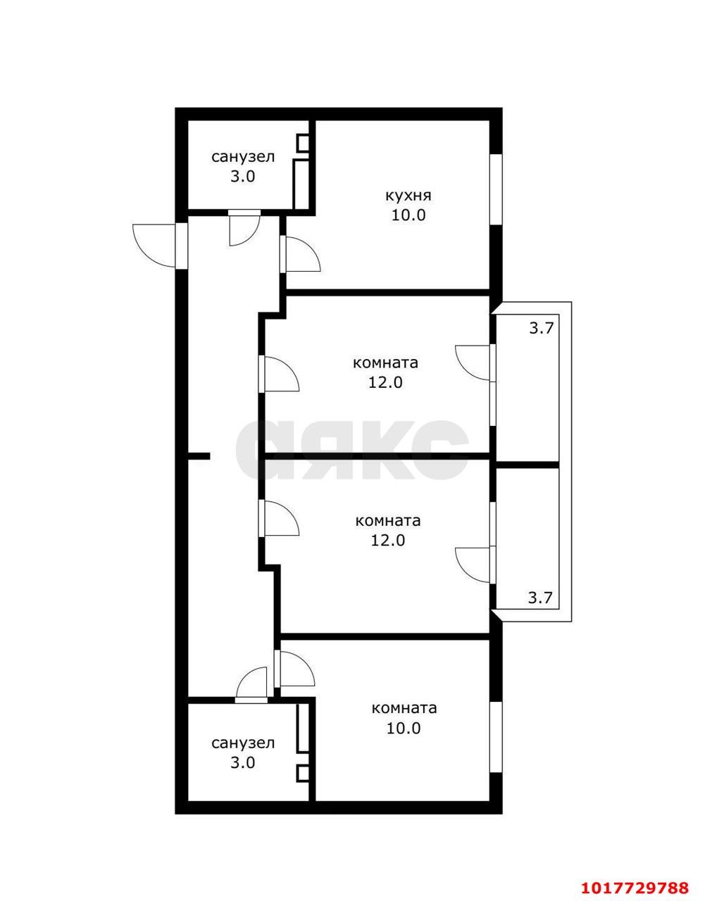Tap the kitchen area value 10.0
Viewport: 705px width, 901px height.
click(x=408, y=215)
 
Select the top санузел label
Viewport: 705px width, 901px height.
click(x=243, y=157)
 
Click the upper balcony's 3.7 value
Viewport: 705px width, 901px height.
click(x=541, y=328)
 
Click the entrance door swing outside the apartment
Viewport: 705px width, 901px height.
click(x=154, y=246)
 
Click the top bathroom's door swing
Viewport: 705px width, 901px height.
click(x=244, y=230)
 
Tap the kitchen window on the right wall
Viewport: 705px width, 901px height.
click(x=497, y=190)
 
